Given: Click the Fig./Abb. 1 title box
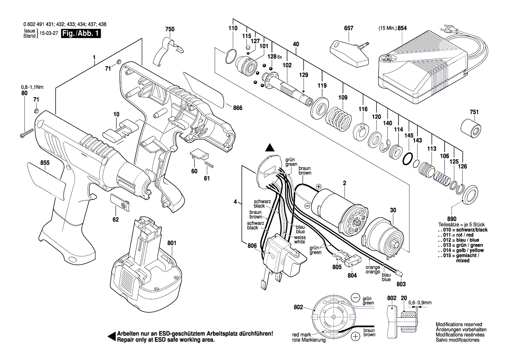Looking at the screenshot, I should coord(81,34).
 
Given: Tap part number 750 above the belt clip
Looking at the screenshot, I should coord(170,29).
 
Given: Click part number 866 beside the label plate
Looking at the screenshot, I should coord(237,108).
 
